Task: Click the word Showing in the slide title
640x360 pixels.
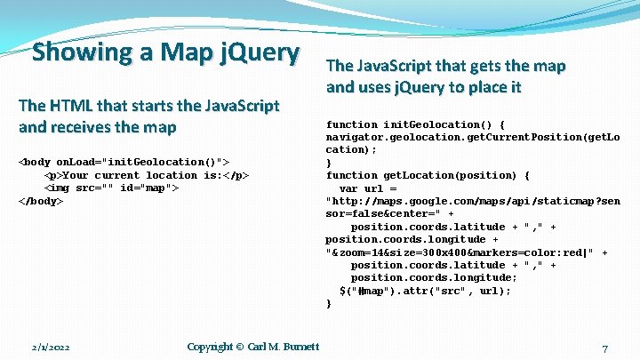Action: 78,53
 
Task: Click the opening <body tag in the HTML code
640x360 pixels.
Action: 36,162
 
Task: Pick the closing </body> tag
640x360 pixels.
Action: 41,201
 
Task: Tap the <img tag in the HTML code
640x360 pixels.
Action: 59,188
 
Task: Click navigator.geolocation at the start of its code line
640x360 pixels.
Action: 382,138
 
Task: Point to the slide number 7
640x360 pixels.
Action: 604,348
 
